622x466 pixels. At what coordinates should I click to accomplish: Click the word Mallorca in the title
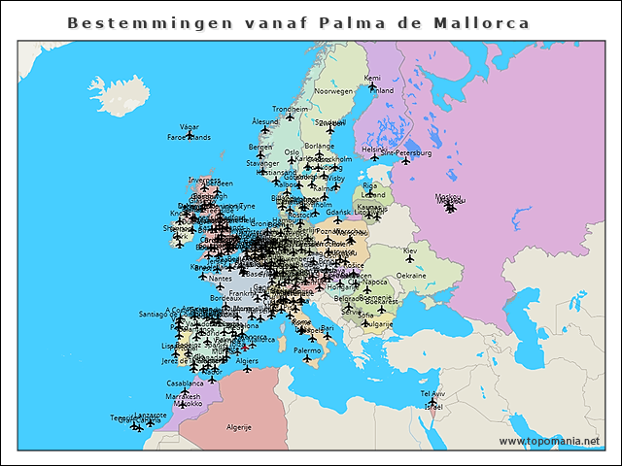[481, 22]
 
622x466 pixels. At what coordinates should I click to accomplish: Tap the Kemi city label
[372, 79]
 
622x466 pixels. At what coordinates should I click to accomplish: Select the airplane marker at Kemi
[372, 87]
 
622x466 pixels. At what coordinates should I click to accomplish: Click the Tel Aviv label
[432, 394]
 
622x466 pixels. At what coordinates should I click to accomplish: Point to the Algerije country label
[239, 427]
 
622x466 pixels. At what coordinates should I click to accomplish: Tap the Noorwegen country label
[333, 91]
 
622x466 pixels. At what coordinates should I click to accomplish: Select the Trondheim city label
[290, 109]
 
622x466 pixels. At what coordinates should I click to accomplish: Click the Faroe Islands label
[189, 138]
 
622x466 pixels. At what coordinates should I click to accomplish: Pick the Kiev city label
[410, 250]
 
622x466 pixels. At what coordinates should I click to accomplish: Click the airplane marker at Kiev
[410, 259]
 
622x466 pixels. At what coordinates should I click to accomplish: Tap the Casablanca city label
[185, 383]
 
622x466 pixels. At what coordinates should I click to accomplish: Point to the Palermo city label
[307, 349]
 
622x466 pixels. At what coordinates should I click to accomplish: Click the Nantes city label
[221, 279]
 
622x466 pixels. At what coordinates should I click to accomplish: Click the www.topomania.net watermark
[550, 442]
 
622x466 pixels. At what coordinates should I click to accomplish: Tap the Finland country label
[383, 91]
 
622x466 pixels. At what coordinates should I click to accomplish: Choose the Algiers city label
[248, 360]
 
